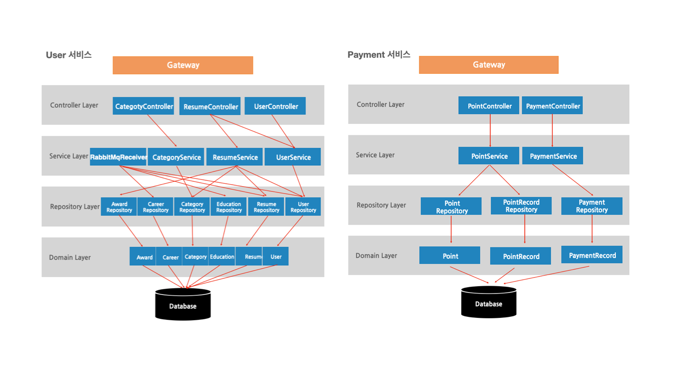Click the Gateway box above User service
pyautogui.click(x=182, y=65)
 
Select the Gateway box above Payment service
pyautogui.click(x=488, y=65)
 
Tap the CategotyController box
pyautogui.click(x=143, y=106)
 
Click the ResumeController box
pyautogui.click(x=210, y=107)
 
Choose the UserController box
pyautogui.click(x=275, y=106)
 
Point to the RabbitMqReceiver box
pyautogui.click(x=118, y=157)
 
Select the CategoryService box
pyautogui.click(x=176, y=157)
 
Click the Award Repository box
pyautogui.click(x=119, y=207)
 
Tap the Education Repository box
pyautogui.click(x=229, y=207)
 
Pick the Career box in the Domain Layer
pyautogui.click(x=170, y=257)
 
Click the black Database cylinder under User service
pyautogui.click(x=183, y=305)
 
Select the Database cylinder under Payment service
pyautogui.click(x=488, y=302)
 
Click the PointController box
pyautogui.click(x=489, y=106)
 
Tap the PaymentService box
pyautogui.click(x=553, y=156)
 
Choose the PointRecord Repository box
pyautogui.click(x=521, y=206)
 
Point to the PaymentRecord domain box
pyautogui.click(x=592, y=255)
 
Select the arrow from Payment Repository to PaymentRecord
pyautogui.click(x=592, y=229)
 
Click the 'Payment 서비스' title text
pyautogui.click(x=378, y=55)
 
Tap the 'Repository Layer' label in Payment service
pyautogui.click(x=381, y=205)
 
